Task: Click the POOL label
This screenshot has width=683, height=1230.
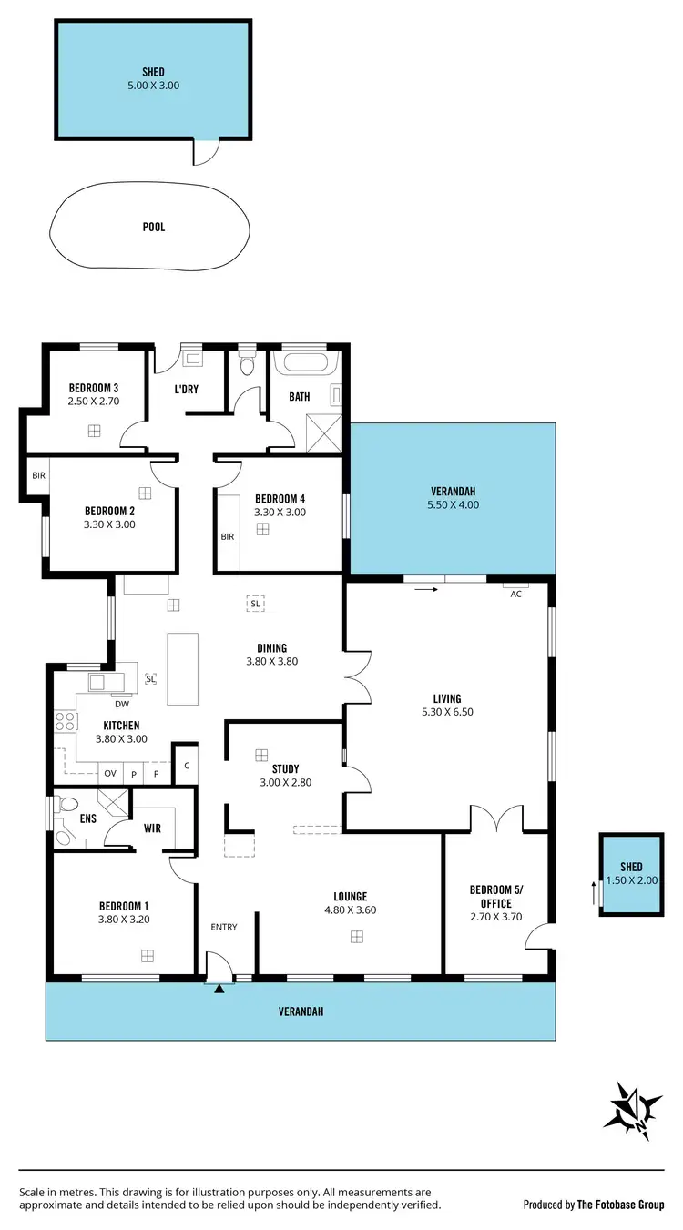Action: point(154,227)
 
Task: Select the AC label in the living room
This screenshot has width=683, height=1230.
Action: point(515,594)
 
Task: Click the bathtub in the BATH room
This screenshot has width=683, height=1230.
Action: point(307,363)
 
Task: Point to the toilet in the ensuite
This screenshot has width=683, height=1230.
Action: point(66,806)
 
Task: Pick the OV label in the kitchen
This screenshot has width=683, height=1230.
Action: point(110,773)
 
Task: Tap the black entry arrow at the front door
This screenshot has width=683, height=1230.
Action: point(219,987)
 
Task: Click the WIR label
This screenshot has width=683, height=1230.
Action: point(152,828)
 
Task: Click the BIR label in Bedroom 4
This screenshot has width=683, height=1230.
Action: point(228,536)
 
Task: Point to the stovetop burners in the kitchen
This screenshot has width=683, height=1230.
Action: point(66,722)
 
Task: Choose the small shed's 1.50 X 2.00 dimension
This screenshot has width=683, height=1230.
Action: point(631,880)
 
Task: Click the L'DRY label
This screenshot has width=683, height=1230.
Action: point(187,390)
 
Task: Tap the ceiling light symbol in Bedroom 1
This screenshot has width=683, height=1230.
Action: point(147,955)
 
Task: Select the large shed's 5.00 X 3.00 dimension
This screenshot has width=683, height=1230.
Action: point(153,85)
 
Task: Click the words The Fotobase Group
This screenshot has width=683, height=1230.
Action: point(620,1205)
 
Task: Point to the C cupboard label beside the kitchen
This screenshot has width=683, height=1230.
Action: point(186,765)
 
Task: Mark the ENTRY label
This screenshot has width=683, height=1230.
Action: point(224,927)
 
